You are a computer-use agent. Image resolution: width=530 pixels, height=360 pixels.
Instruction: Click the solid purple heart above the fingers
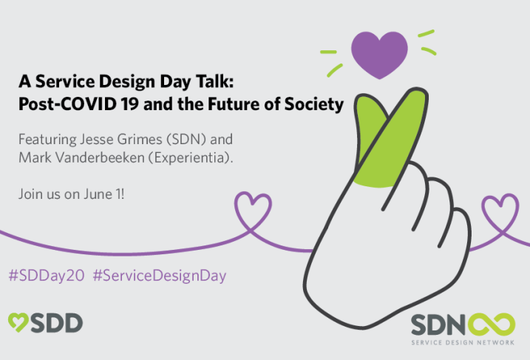pos(379,54)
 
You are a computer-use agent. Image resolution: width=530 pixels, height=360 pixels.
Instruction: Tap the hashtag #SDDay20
pos(47,276)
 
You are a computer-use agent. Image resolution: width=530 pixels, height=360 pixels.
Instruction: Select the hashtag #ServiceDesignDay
pos(160,276)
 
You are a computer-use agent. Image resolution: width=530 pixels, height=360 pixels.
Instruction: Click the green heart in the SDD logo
pos(18,322)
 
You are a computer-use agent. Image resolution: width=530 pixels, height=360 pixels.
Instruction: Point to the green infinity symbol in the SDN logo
pos(492,325)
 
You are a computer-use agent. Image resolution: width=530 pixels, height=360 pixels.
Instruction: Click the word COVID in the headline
pos(87,104)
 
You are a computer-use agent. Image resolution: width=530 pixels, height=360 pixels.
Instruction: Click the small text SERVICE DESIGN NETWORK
pos(463,342)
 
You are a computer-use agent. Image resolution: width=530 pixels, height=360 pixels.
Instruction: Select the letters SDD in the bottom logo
pos(57,323)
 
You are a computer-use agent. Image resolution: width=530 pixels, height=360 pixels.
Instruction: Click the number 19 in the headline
pos(130,104)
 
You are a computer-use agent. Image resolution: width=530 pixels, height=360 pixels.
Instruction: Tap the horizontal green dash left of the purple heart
pos(328,52)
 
